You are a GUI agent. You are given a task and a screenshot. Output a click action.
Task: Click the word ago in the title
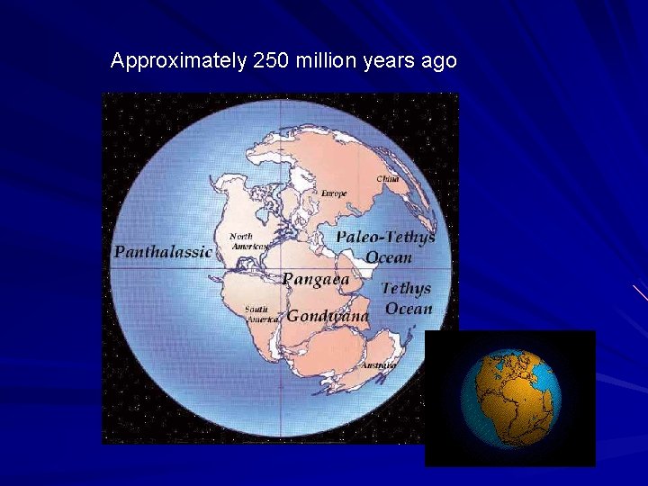(440, 61)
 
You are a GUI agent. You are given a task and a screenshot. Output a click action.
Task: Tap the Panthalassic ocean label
(163, 252)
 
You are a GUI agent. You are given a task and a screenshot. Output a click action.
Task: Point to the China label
(387, 179)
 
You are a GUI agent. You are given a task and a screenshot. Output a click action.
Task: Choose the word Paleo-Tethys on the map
(385, 238)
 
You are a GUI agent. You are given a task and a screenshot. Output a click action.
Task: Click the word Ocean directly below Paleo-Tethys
(389, 257)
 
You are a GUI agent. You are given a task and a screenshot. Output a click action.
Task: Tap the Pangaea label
(315, 279)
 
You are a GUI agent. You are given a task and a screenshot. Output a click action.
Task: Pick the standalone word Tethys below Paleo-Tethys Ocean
(406, 289)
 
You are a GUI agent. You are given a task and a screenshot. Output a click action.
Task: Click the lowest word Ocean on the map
(409, 310)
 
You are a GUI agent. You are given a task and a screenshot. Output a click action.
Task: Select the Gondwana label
(328, 316)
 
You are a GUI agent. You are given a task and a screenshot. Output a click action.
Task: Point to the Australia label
(379, 365)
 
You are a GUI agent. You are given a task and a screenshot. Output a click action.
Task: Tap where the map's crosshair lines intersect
(281, 269)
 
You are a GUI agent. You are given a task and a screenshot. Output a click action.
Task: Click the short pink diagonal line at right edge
(639, 292)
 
